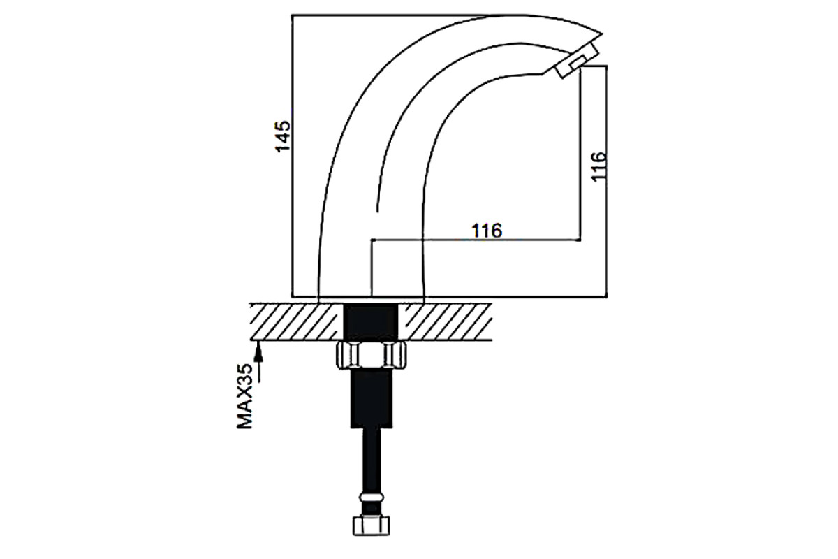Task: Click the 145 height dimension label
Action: (283, 136)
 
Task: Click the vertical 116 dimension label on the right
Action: (598, 166)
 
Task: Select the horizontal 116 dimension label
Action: (487, 231)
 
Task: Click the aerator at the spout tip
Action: (577, 60)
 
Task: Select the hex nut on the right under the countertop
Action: (395, 356)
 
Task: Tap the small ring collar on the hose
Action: (371, 498)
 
